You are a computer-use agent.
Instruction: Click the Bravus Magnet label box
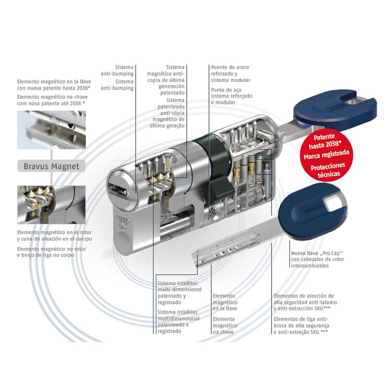(x=52, y=166)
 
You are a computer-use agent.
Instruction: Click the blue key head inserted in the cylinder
(x=335, y=110)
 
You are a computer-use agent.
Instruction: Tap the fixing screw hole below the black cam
(x=212, y=212)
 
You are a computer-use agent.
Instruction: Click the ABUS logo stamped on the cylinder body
(x=123, y=220)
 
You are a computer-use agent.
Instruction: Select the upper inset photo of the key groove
(x=52, y=130)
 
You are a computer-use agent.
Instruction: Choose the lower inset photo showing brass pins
(x=52, y=205)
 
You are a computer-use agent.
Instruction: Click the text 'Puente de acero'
(x=230, y=67)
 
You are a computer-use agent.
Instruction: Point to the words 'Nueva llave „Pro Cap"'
(x=317, y=253)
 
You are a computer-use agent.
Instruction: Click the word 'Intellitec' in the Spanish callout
(x=187, y=283)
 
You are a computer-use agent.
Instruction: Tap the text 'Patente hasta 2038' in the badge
(x=325, y=141)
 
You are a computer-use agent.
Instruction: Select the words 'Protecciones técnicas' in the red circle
(x=328, y=170)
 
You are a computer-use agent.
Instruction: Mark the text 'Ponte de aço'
(x=226, y=90)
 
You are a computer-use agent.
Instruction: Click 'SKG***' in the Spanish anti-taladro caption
(x=321, y=308)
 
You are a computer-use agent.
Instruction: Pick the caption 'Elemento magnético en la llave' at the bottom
(x=225, y=302)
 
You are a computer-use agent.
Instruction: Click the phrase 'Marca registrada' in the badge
(x=327, y=155)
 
